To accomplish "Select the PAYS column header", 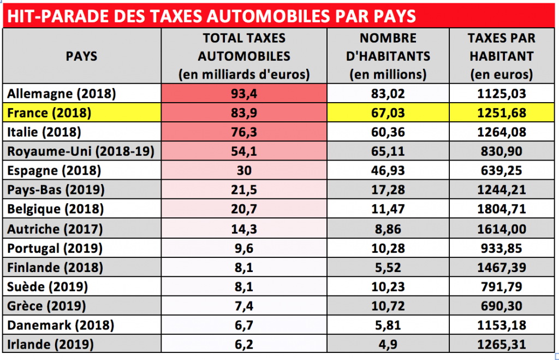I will [x=81, y=56].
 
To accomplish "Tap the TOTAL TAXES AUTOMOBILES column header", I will [x=244, y=56].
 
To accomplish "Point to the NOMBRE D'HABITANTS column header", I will [x=388, y=56].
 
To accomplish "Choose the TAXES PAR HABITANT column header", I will [x=501, y=56].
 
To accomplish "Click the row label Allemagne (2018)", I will [x=62, y=93].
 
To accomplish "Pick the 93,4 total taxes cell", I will [x=244, y=93].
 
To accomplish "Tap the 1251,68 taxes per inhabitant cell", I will [x=501, y=114].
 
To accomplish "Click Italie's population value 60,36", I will [x=388, y=132].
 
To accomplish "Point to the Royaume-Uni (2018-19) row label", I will [x=81, y=151].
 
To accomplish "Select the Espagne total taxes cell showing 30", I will [x=244, y=170].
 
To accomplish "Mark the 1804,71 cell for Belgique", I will [x=501, y=209].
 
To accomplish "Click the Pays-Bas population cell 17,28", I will [x=388, y=190].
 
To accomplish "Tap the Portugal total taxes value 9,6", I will [x=244, y=247].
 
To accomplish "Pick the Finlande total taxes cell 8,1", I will [x=244, y=267].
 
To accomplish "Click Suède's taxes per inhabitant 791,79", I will [x=501, y=286].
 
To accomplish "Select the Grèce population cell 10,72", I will [x=388, y=306].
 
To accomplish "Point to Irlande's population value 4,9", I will [x=388, y=345].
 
